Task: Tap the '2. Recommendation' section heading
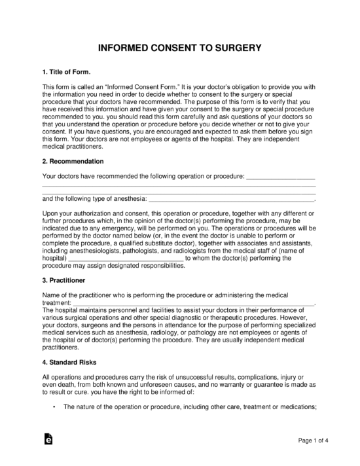pos(73,160)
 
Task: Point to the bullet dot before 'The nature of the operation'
pos(52,406)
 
